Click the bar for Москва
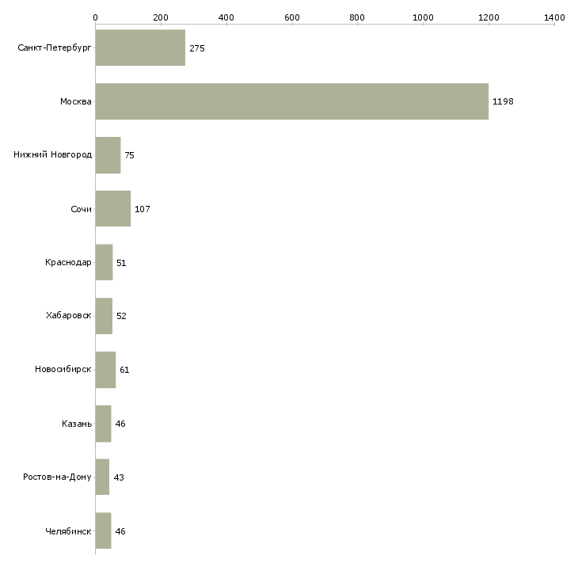pyautogui.click(x=292, y=101)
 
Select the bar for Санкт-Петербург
pyautogui.click(x=140, y=48)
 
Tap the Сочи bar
pyautogui.click(x=113, y=209)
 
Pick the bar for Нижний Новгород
pyautogui.click(x=108, y=155)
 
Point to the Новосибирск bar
pyautogui.click(x=105, y=370)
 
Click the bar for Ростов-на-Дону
pyautogui.click(x=102, y=477)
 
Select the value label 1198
pyautogui.click(x=503, y=101)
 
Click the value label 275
pyautogui.click(x=197, y=48)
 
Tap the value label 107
pyautogui.click(x=143, y=209)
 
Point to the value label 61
pyautogui.click(x=124, y=370)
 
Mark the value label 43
pyautogui.click(x=119, y=477)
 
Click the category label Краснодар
pyautogui.click(x=68, y=262)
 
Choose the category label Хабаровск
pyautogui.click(x=69, y=316)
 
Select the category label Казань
pyautogui.click(x=77, y=424)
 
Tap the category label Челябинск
pyautogui.click(x=68, y=531)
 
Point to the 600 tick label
pyautogui.click(x=291, y=17)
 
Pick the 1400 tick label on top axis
pyautogui.click(x=554, y=17)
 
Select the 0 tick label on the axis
pyautogui.click(x=96, y=17)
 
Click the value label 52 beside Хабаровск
pyautogui.click(x=121, y=316)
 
